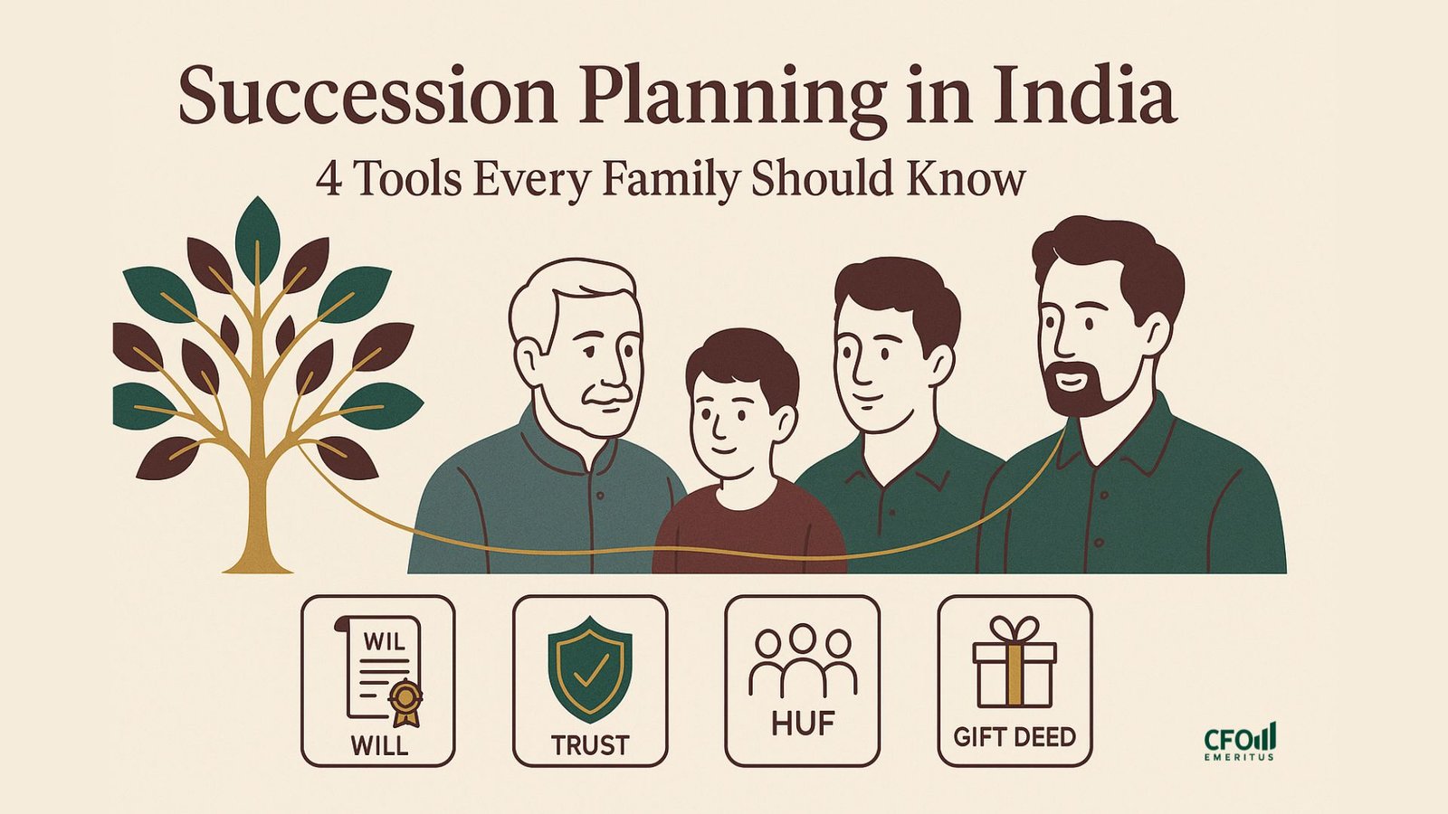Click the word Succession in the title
click(x=367, y=96)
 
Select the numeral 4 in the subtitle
click(x=329, y=179)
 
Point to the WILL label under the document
click(x=379, y=745)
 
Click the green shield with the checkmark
click(x=589, y=669)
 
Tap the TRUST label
click(x=590, y=745)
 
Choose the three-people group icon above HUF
click(x=802, y=660)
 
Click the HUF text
click(x=803, y=724)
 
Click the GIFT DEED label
click(x=1015, y=737)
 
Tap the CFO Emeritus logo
click(x=1240, y=742)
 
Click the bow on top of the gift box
click(x=1015, y=629)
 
